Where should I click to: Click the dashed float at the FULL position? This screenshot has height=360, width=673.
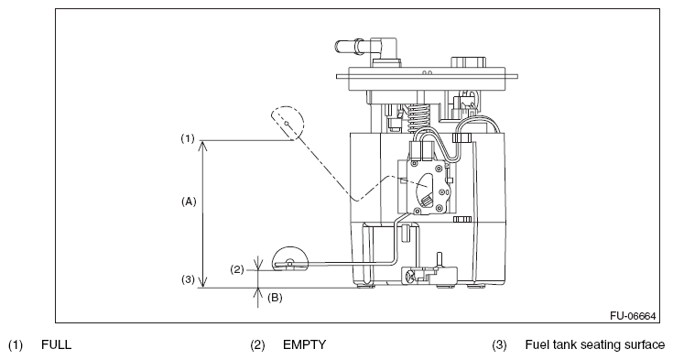pyautogui.click(x=288, y=123)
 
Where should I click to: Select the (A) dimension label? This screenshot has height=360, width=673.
pyautogui.click(x=189, y=201)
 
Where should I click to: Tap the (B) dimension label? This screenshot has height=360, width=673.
pyautogui.click(x=275, y=298)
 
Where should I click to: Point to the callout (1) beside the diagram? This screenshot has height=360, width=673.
pyautogui.click(x=187, y=138)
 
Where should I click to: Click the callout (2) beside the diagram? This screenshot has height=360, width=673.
pyautogui.click(x=237, y=270)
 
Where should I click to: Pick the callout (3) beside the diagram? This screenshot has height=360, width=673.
pyautogui.click(x=188, y=279)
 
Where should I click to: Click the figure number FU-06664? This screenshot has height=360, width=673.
pyautogui.click(x=633, y=316)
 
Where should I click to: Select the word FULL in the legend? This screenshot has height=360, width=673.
pyautogui.click(x=56, y=344)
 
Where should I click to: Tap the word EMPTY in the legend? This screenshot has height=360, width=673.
pyautogui.click(x=304, y=344)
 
